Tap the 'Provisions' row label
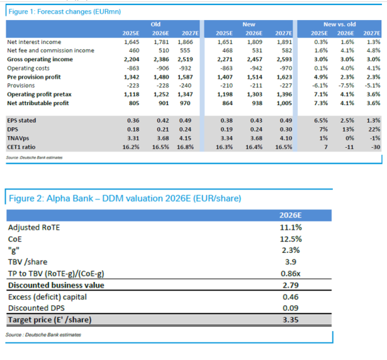pos(21,85)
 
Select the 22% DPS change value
pos(372,129)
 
